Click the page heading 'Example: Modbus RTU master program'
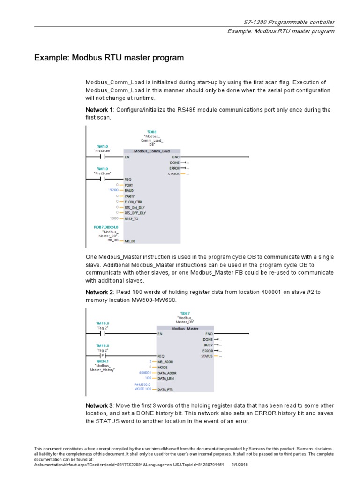(109, 58)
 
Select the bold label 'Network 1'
(99, 110)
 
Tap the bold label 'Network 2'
(99, 292)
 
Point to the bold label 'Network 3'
(99, 405)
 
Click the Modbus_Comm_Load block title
(151, 151)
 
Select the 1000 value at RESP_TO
(114, 218)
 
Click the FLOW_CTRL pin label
(134, 202)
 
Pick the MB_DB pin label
(130, 241)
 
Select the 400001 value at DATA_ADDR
(145, 373)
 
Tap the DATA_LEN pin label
(167, 378)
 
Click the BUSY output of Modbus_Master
(208, 345)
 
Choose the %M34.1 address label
(102, 361)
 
